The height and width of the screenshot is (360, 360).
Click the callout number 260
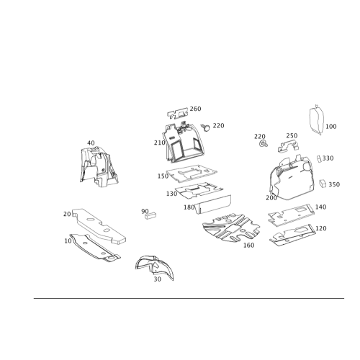[x=195, y=109]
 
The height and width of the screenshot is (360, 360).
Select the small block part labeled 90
[x=150, y=215]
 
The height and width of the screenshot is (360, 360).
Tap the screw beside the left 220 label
[x=205, y=127]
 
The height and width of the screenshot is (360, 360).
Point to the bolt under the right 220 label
[x=264, y=144]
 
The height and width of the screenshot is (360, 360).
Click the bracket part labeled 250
[x=289, y=146]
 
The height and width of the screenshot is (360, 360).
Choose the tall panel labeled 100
[x=316, y=120]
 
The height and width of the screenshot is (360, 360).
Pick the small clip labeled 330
[x=319, y=159]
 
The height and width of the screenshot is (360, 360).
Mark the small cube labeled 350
[x=323, y=183]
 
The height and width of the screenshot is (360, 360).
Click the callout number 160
[x=248, y=245]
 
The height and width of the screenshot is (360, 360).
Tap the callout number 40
[x=91, y=143]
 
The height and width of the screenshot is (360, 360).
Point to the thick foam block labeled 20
[x=99, y=225]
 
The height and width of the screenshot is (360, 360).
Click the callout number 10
[x=68, y=240]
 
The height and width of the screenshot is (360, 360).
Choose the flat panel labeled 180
[x=213, y=204]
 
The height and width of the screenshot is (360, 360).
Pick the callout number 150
[x=163, y=176]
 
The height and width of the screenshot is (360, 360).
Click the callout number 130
[x=171, y=194]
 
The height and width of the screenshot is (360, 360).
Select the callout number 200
[x=271, y=198]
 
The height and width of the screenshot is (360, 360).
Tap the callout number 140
[x=320, y=207]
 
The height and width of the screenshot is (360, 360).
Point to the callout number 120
[x=321, y=228]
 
